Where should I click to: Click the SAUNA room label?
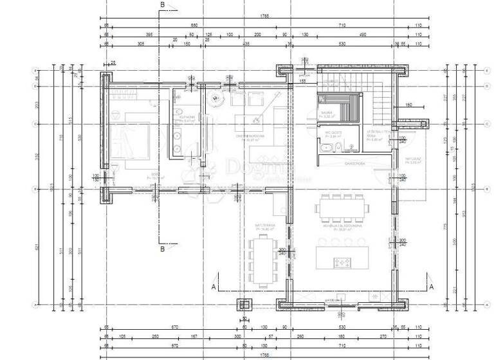326,112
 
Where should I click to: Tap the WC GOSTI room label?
333,134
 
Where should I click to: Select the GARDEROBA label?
354,163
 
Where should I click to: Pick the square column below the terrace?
244,304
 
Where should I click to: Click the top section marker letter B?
163,5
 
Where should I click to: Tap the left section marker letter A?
213,286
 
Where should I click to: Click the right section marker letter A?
432,286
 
